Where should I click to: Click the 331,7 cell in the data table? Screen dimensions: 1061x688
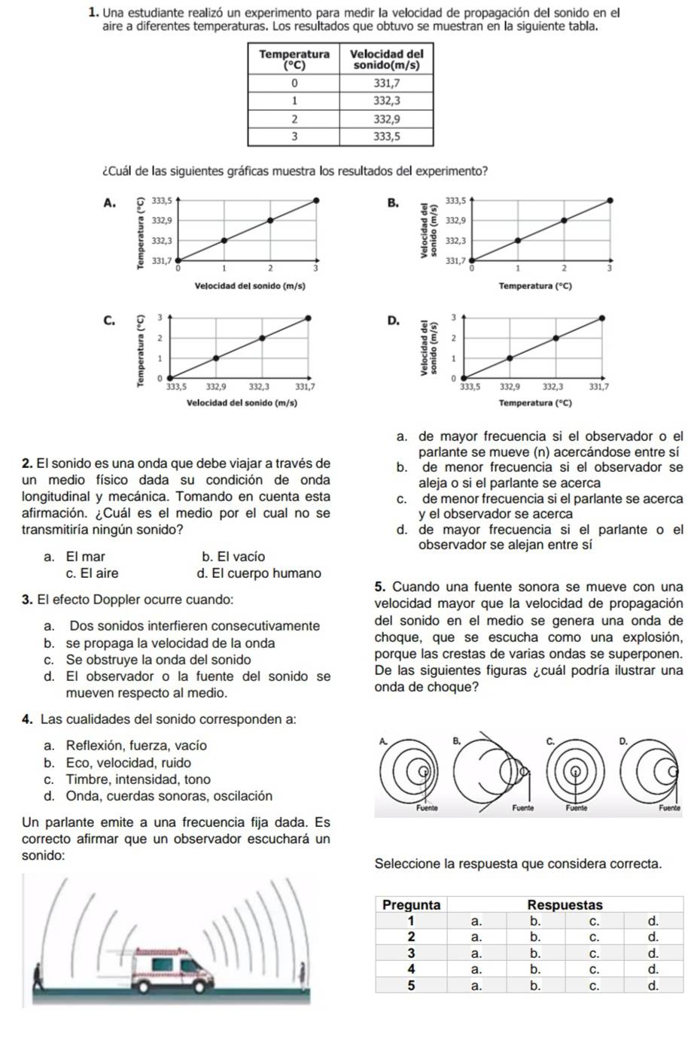387,82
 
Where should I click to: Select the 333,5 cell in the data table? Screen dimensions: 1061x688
387,136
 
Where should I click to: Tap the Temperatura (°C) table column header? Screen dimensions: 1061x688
294,59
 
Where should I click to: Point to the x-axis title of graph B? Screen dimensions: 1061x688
540,286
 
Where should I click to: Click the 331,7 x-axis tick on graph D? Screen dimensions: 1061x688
599,386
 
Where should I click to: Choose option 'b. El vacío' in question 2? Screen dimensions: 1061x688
233,557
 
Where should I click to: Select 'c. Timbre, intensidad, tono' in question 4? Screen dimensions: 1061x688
127,780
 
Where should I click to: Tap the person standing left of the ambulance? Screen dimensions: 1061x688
38,978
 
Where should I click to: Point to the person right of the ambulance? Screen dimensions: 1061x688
302,974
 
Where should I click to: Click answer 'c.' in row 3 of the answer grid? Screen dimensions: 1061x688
593,953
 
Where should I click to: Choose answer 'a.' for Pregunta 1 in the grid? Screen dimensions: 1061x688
475,920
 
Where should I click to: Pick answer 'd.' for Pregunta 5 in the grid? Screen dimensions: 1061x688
653,985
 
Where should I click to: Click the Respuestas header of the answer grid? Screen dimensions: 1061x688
565,904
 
